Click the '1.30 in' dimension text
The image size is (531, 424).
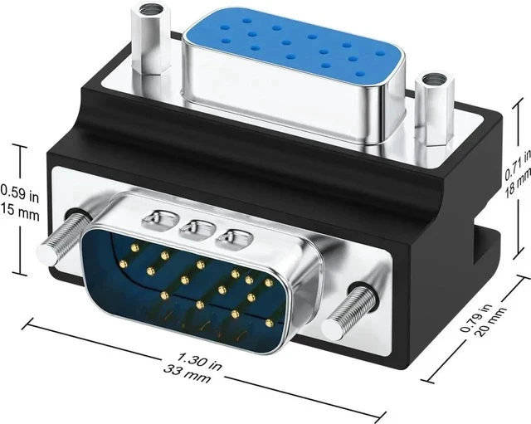point(199,361)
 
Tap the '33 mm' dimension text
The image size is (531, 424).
point(187,373)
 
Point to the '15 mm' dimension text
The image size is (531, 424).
point(20,213)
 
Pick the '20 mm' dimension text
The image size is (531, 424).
point(490,322)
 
